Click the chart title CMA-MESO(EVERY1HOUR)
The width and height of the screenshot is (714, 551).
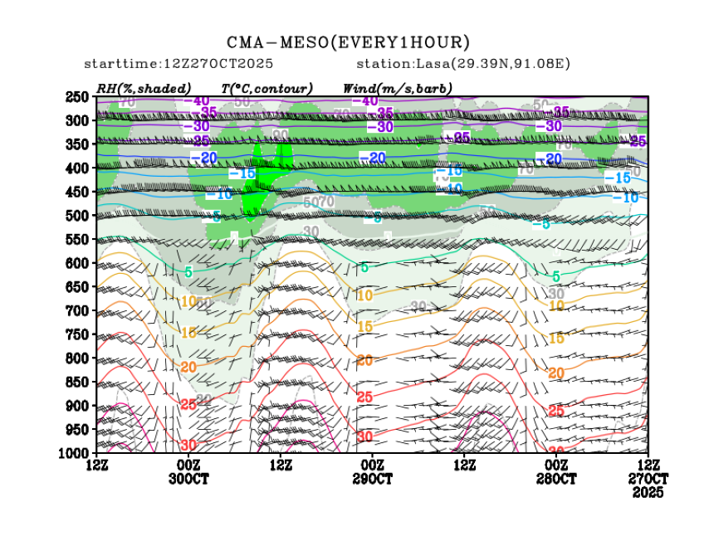point(349,42)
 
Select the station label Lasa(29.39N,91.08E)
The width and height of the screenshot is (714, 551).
point(463,64)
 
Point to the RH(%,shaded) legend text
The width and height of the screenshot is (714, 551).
point(144,88)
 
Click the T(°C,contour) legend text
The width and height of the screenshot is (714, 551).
point(267,88)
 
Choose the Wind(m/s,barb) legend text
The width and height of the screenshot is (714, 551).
point(397,88)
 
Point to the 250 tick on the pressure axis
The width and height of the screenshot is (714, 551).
point(78,97)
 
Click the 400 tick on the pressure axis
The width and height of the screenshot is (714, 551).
point(78,168)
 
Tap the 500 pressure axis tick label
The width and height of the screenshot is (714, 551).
point(78,216)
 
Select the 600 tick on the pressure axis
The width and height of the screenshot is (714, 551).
point(78,263)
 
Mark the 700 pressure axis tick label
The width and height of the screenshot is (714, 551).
point(78,311)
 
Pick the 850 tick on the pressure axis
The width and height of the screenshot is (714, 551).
point(78,383)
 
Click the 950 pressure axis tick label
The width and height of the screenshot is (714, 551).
point(78,430)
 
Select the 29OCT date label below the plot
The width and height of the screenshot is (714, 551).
point(372,479)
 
